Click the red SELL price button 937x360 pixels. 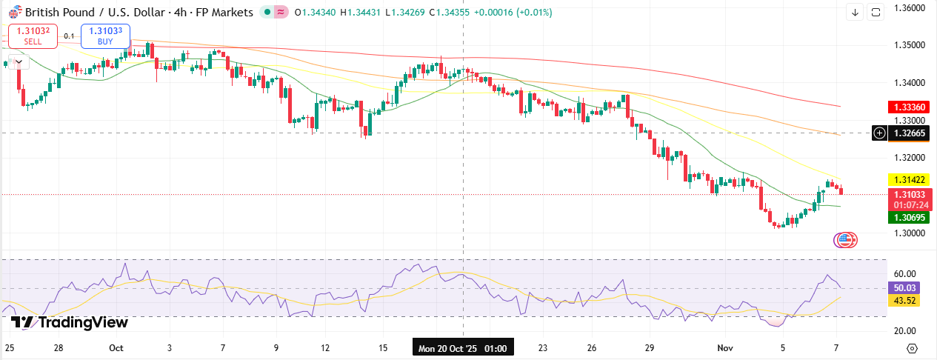33,35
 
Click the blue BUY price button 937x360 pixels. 105,35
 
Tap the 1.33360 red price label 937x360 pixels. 908,107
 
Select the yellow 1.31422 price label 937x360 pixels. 908,179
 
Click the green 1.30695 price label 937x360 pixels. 908,217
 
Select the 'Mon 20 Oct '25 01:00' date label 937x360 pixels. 463,347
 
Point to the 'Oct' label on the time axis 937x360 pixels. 116,347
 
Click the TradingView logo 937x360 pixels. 70,322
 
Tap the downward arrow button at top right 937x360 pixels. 856,12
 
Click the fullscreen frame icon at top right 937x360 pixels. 876,12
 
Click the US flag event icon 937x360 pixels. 845,239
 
